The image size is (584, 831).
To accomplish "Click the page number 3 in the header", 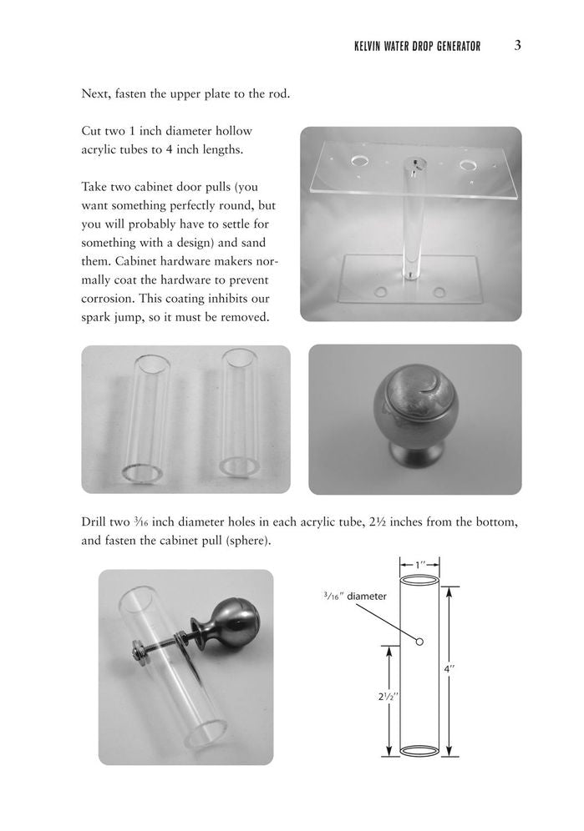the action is coord(518,46).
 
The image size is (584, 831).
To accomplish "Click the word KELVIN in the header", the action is coord(367,47).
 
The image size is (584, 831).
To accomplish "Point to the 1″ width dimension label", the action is coord(419,565).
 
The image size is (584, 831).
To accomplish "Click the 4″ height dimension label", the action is coord(449,669).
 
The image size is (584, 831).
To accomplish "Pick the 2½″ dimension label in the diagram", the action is coord(388,697).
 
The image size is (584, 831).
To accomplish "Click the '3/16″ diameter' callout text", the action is coord(354,597).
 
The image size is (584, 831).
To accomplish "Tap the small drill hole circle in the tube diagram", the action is coord(419,642).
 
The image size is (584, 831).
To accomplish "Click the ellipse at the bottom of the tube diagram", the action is coord(419,750).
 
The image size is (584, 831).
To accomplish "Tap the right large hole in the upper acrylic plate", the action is coord(468,165).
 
